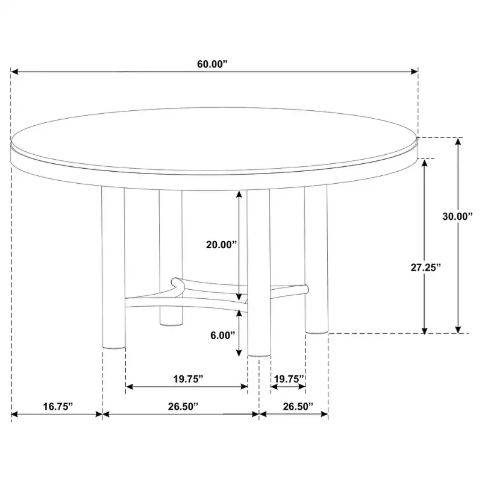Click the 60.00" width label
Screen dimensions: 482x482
pos(213,64)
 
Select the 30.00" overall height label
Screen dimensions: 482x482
pos(457,216)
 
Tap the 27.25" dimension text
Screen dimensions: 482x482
pos(426,268)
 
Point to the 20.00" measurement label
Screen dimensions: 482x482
pos(222,245)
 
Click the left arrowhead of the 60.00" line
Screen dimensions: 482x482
pos(14,72)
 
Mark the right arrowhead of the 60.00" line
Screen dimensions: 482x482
pos(414,72)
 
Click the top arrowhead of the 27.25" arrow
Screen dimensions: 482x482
pos(425,163)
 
